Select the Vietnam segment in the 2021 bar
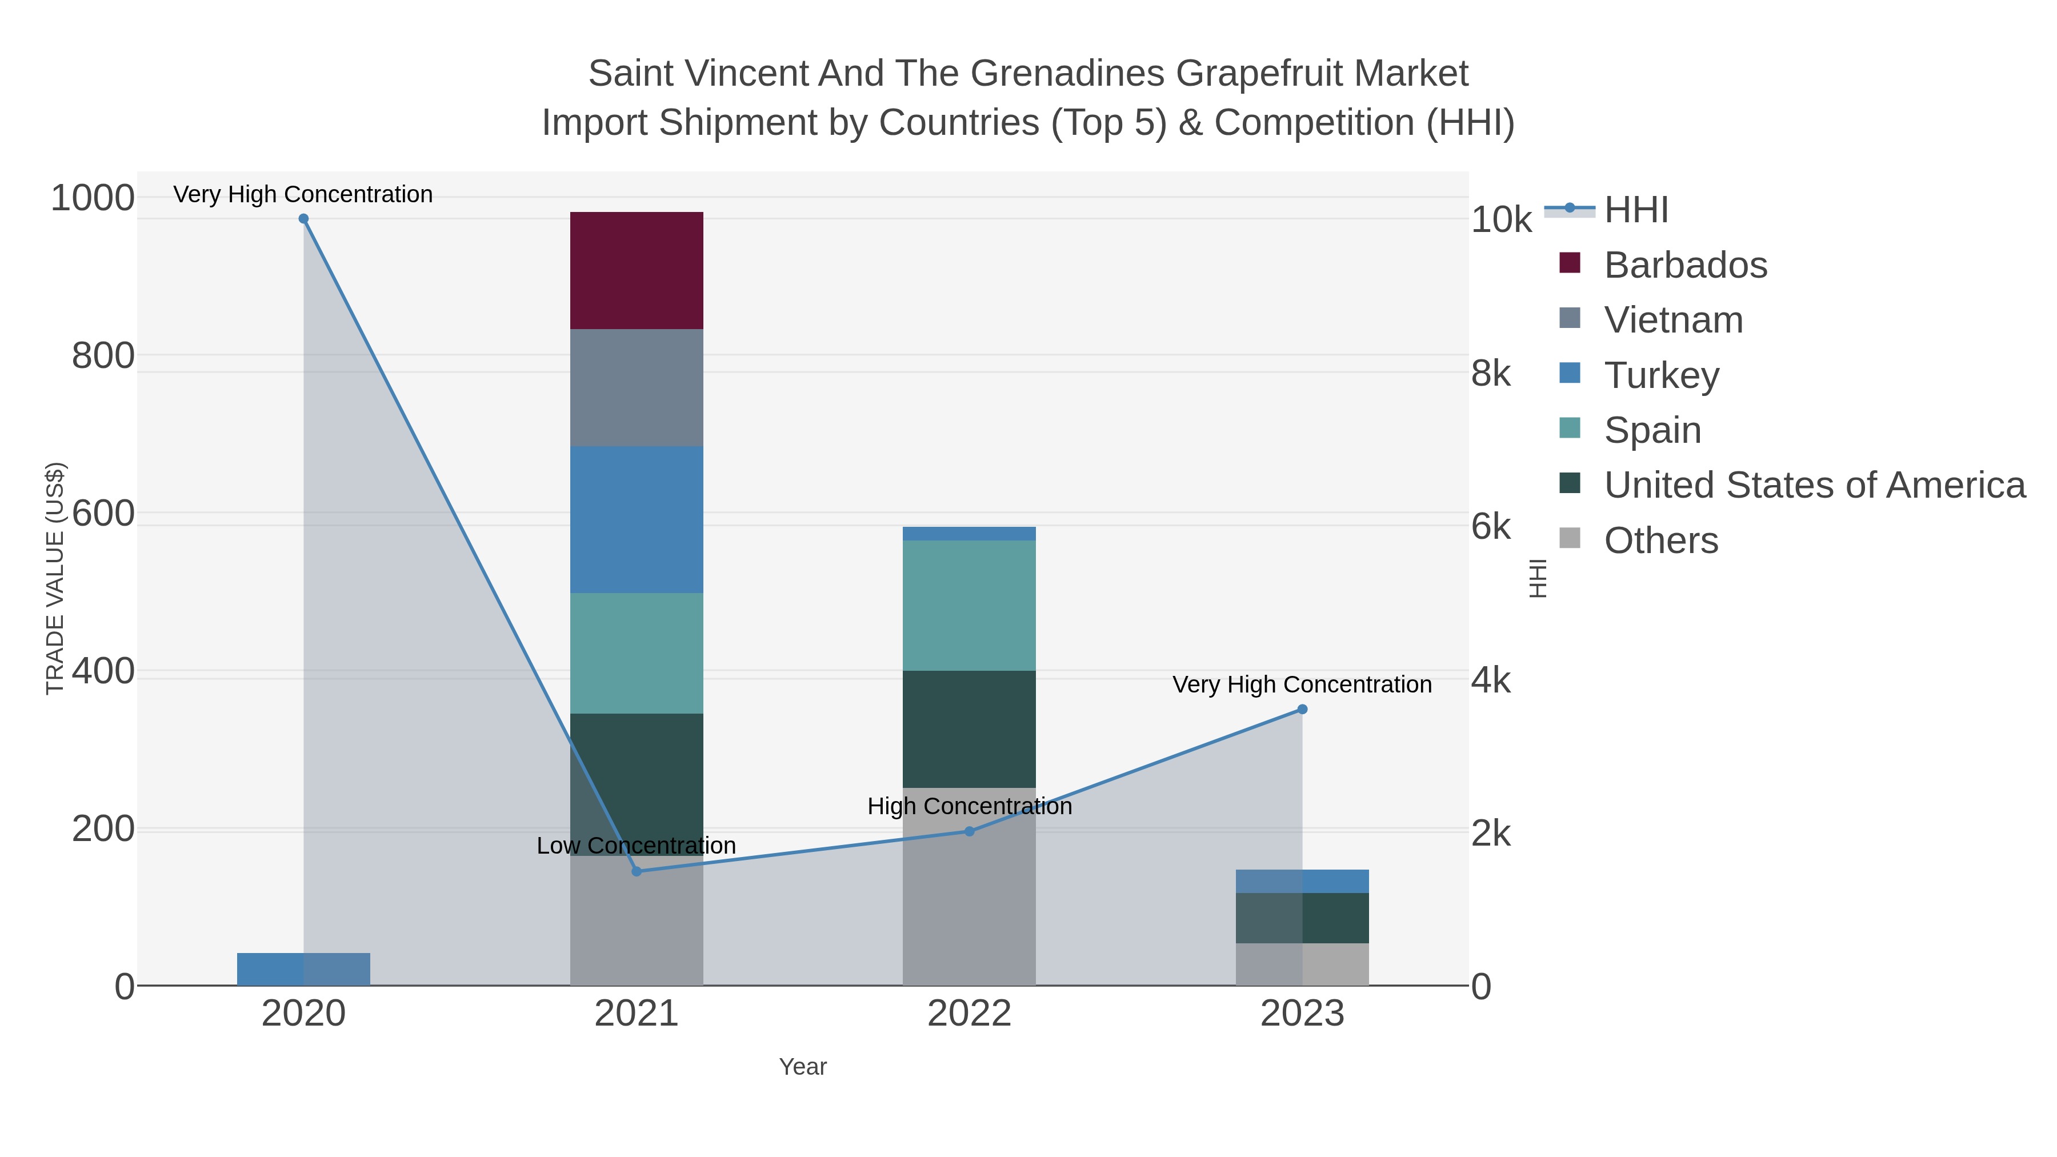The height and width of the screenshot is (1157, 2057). tap(637, 387)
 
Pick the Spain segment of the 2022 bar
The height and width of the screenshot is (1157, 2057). tap(969, 605)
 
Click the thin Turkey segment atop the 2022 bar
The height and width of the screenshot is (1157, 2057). tap(969, 534)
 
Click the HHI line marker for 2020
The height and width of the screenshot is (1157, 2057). tap(303, 219)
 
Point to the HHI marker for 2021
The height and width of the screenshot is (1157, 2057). tap(637, 871)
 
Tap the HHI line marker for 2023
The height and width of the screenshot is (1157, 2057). tap(1302, 709)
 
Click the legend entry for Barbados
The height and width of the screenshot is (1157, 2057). tap(1685, 265)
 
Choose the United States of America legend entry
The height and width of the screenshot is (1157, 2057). tap(1812, 486)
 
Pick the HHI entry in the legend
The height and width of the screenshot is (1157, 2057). tap(1635, 210)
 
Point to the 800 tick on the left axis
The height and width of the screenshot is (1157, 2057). tap(103, 356)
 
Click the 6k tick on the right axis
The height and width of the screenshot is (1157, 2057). tap(1490, 527)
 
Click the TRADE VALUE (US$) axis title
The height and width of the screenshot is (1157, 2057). tap(55, 578)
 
